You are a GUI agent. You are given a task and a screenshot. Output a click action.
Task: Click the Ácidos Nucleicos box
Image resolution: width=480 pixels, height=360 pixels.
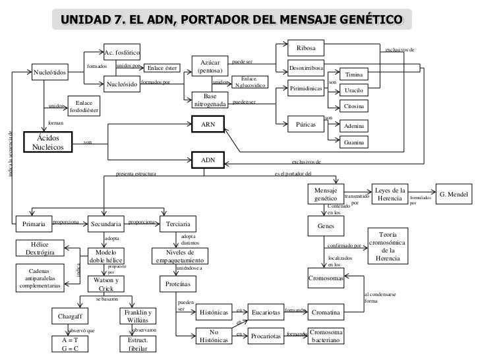click(51, 142)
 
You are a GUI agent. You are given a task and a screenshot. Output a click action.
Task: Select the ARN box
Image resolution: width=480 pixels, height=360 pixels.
click(208, 124)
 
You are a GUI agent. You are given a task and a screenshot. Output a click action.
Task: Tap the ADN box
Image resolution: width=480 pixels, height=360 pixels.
click(208, 160)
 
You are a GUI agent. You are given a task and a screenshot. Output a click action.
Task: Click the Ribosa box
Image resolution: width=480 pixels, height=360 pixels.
click(307, 49)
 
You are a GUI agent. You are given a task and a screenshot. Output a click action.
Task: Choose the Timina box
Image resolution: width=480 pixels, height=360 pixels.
click(354, 76)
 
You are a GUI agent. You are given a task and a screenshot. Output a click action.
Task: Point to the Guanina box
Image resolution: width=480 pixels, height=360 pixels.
click(354, 142)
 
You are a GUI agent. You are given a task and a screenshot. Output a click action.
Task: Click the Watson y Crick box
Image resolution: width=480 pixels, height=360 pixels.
click(106, 285)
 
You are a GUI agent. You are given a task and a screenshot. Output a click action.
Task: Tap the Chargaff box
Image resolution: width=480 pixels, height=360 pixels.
click(69, 316)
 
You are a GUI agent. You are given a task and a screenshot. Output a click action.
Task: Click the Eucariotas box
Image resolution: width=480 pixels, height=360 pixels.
click(265, 311)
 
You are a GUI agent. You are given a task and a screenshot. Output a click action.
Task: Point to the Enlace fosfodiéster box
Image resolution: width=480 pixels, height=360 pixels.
click(83, 106)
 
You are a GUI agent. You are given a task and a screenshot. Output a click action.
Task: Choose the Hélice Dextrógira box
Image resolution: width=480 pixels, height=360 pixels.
click(40, 249)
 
